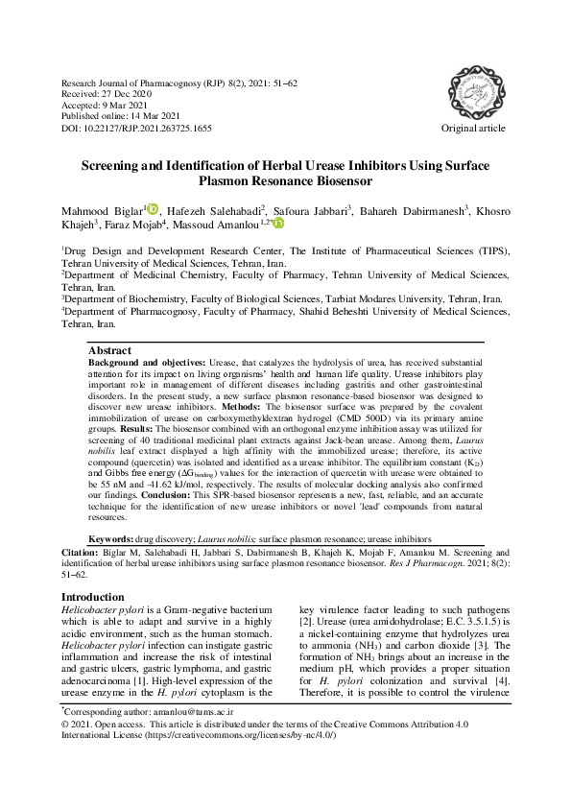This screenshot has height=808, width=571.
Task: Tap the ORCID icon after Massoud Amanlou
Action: point(278,223)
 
